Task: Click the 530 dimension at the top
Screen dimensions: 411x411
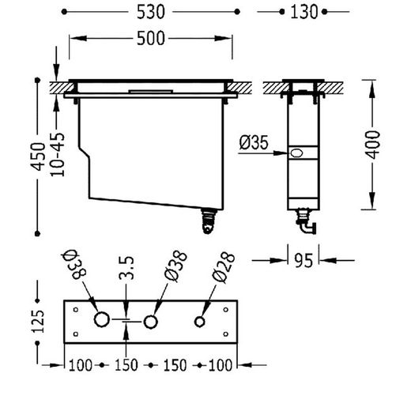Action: [x=151, y=12]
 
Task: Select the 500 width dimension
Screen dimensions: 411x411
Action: [x=151, y=39]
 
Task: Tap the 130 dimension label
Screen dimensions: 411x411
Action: [x=304, y=12]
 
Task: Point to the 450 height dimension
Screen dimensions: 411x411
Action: [x=37, y=156]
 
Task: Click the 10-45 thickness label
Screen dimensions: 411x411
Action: [x=57, y=155]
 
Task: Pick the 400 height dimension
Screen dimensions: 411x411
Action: [x=373, y=145]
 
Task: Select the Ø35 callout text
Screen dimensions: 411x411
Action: [x=254, y=142]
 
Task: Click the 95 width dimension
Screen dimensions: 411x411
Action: [x=304, y=261]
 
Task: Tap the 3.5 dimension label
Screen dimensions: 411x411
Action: [x=126, y=268]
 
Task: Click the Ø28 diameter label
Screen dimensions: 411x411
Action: [x=223, y=267]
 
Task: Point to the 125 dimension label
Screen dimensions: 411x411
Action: [x=37, y=322]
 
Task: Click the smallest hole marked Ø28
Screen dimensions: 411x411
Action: [x=199, y=322]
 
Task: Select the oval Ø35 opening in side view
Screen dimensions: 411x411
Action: [x=296, y=153]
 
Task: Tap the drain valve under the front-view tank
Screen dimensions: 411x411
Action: [x=209, y=221]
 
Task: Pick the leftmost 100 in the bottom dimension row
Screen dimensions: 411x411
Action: [x=81, y=365]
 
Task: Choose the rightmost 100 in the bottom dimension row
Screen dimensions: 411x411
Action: [x=221, y=365]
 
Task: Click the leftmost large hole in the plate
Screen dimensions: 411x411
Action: [x=102, y=319]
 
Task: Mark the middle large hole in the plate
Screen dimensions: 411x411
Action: [x=150, y=322]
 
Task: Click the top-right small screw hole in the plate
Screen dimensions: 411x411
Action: [x=225, y=310]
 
